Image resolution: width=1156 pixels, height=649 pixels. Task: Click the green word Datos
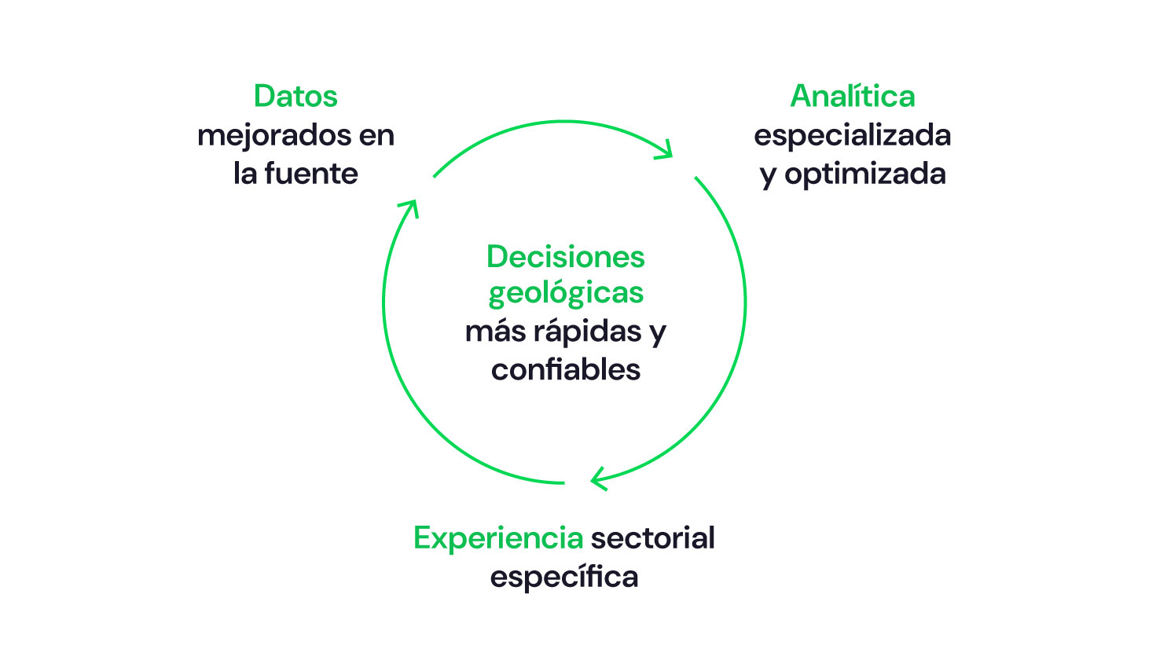(295, 97)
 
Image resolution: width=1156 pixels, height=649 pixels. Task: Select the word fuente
(311, 174)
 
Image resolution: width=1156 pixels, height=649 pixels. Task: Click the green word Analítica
(853, 97)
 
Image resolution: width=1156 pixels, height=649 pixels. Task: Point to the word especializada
(853, 136)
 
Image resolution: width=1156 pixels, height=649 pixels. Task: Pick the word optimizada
(864, 174)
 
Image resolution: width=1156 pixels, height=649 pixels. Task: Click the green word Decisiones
(566, 257)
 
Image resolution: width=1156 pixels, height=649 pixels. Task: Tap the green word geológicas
(566, 293)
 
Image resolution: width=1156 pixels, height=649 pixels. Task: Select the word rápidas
(588, 331)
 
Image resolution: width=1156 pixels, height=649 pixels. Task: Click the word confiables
(566, 369)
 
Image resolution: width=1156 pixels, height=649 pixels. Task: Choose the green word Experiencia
(498, 538)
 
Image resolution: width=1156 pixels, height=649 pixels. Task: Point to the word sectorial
(653, 538)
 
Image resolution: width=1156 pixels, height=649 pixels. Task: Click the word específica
(564, 577)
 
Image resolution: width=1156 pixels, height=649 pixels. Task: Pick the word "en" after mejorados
(376, 136)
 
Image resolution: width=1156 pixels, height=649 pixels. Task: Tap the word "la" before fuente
(245, 174)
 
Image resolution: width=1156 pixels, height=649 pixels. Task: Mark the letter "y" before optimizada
(768, 176)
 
